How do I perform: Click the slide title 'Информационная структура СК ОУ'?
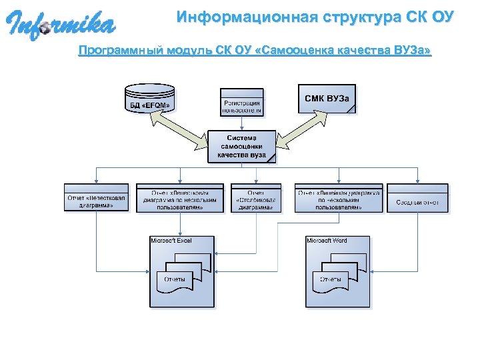tap(315, 17)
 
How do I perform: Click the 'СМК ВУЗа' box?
tap(326, 99)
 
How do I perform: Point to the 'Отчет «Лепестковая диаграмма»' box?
tap(97, 198)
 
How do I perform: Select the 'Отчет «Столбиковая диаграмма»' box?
tap(256, 198)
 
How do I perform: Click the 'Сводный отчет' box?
tap(417, 198)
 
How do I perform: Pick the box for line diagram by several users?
tap(339, 198)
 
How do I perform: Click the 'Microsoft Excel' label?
tap(172, 241)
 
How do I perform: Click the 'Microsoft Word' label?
tap(327, 241)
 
